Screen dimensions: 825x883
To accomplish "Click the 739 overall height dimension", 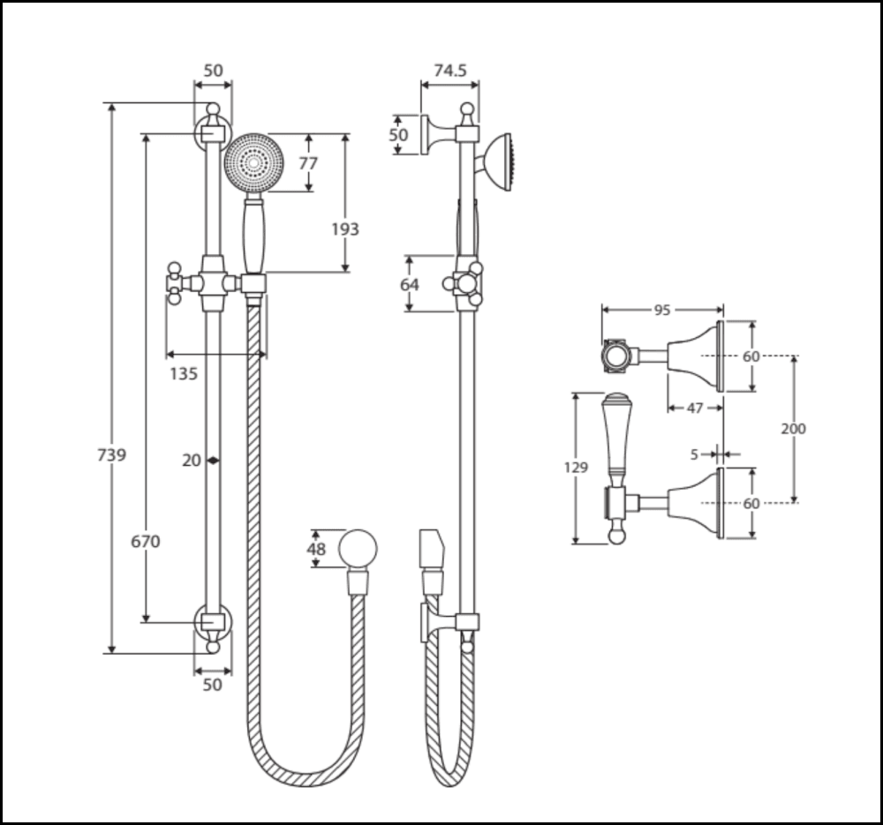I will coord(111,455).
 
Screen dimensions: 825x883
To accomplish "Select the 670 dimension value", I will coord(146,542).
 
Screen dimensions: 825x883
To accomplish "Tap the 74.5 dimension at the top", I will coord(450,71).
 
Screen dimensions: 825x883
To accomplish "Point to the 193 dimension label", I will coord(345,229).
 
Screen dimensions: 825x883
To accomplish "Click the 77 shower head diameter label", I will coord(308,163).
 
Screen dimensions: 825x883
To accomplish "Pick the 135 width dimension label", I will coord(183,373).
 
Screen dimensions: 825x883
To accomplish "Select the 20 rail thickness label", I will coord(192,460).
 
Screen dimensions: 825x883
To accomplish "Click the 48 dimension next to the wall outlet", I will coord(317,550).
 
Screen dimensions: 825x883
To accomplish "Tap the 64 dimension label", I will coord(409,284).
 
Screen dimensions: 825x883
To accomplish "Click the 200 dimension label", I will coord(794,429).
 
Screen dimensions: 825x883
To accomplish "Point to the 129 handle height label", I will coord(576,468).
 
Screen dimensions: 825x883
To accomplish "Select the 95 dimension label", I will coord(662,310).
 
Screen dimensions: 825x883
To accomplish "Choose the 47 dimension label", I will coord(695,408).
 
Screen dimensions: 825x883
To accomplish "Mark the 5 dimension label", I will coord(695,454).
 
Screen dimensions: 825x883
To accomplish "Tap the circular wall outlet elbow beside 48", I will coord(358,548).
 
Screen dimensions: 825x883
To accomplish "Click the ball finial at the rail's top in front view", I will coord(212,110).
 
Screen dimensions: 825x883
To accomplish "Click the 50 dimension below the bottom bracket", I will coord(213,685).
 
